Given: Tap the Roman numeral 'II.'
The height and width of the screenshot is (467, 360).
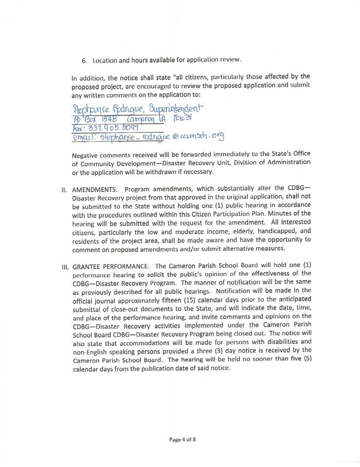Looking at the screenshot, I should [x=64, y=191].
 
